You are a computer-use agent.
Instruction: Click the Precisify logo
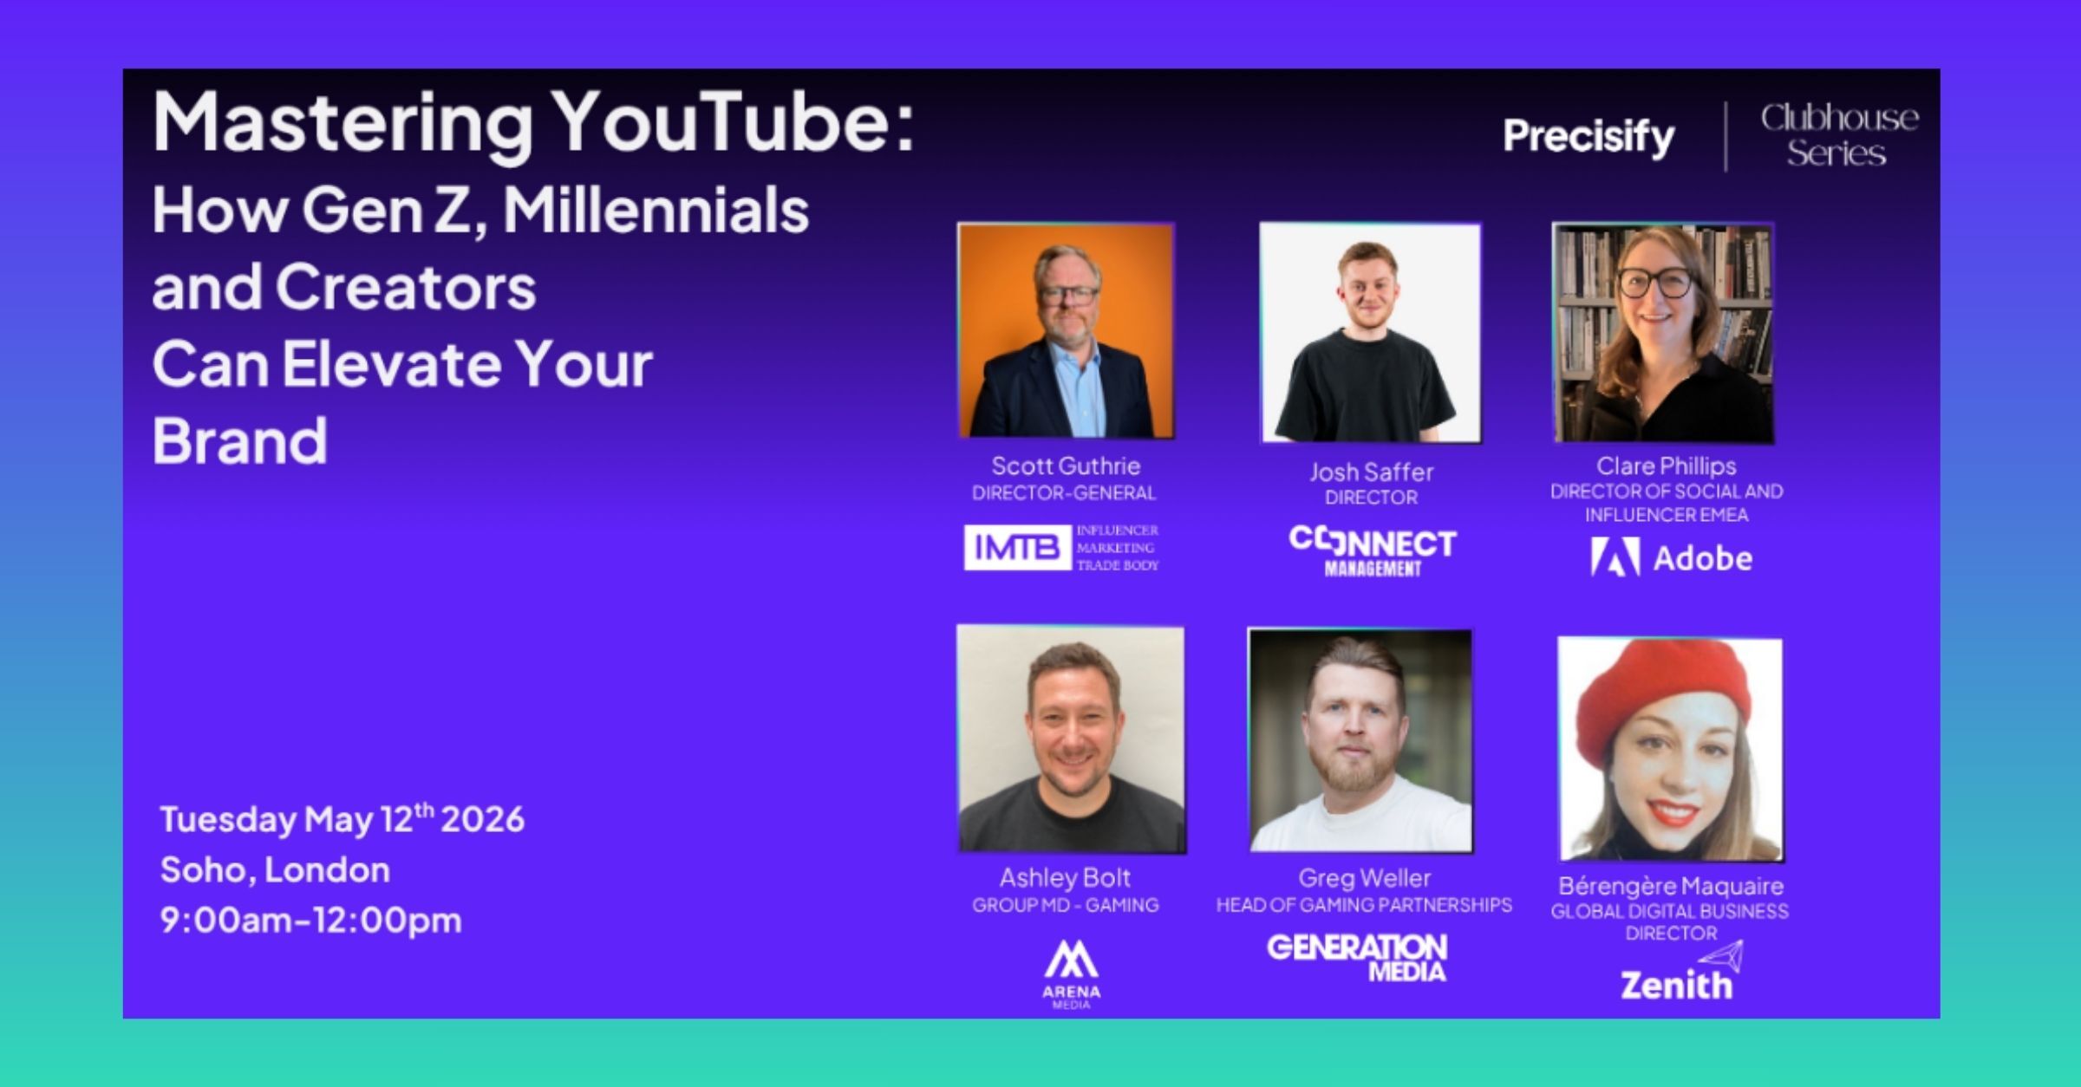pyautogui.click(x=1588, y=137)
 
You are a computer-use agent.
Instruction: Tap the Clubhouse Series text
pyautogui.click(x=1839, y=135)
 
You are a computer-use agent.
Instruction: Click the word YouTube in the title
pyautogui.click(x=734, y=122)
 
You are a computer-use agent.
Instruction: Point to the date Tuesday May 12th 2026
pyautogui.click(x=342, y=818)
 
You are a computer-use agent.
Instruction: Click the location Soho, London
pyautogui.click(x=275, y=869)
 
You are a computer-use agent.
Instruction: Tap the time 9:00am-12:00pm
pyautogui.click(x=310, y=920)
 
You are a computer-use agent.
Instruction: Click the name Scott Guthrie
pyautogui.click(x=1066, y=465)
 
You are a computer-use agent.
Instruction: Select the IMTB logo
pyautogui.click(x=1061, y=548)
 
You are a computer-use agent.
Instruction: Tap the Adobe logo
pyautogui.click(x=1671, y=557)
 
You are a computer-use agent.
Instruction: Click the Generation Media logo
pyautogui.click(x=1357, y=958)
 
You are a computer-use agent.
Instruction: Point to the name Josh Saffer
pyautogui.click(x=1371, y=472)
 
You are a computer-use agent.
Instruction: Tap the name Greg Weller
pyautogui.click(x=1364, y=878)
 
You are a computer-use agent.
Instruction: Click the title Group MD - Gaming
pyautogui.click(x=1065, y=905)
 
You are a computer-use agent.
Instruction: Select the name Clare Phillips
pyautogui.click(x=1667, y=466)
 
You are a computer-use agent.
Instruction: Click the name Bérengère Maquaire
pyautogui.click(x=1671, y=886)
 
